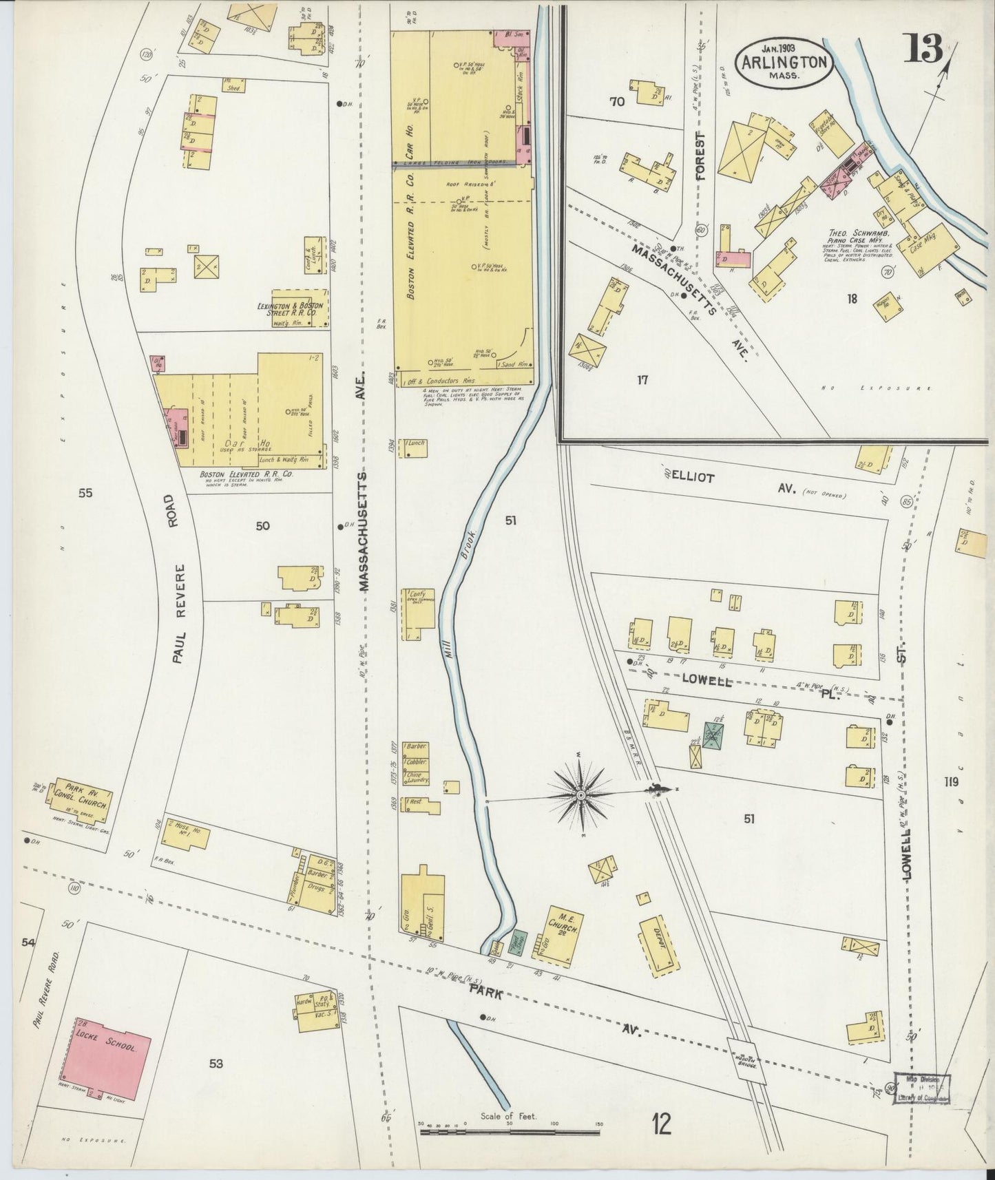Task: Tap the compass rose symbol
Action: (x=580, y=795)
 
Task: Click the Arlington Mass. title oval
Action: (x=785, y=61)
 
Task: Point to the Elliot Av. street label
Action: (x=730, y=482)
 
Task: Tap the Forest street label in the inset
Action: (x=701, y=155)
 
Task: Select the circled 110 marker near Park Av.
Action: (x=75, y=889)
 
